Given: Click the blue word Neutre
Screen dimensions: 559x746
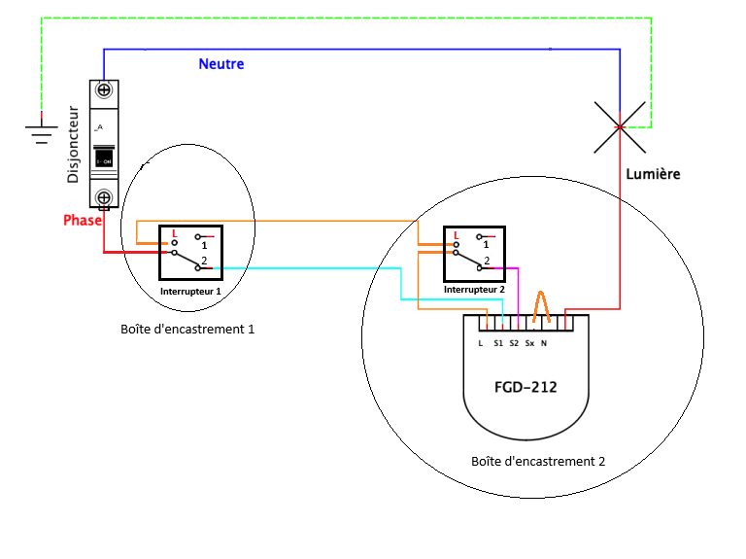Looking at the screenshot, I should [x=221, y=64].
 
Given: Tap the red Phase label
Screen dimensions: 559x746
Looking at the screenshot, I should [x=83, y=221].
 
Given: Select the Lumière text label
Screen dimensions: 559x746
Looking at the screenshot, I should [x=653, y=174].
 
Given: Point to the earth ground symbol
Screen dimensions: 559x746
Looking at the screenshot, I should [x=40, y=130].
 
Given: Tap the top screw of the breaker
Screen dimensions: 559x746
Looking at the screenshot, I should [x=103, y=90].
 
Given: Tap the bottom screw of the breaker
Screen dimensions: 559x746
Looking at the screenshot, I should [x=103, y=197].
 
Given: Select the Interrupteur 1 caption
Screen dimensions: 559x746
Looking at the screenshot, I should [x=191, y=291].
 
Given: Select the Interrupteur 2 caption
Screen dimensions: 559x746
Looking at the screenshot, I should [x=475, y=290].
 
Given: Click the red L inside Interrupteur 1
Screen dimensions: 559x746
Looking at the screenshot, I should [x=174, y=234].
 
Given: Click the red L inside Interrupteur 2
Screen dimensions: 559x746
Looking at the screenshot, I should [x=457, y=234].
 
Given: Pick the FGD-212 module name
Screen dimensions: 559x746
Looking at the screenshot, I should [x=526, y=386].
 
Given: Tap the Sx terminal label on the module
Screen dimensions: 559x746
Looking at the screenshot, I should [x=529, y=343].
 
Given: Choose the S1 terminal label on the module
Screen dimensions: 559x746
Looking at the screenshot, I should [x=497, y=343].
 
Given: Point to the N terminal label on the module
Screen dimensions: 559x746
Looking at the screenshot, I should [x=543, y=343].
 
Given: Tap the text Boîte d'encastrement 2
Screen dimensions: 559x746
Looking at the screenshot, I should [x=537, y=461].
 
